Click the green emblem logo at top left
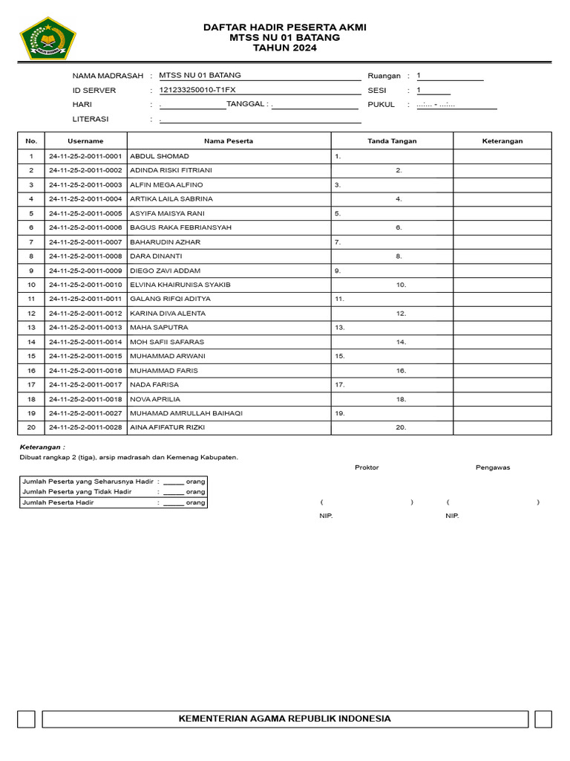(47, 39)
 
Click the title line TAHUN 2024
(285, 48)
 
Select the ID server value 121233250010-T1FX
(197, 90)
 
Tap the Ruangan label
(384, 76)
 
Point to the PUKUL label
(381, 105)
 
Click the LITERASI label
(91, 119)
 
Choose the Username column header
(85, 140)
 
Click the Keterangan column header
(502, 140)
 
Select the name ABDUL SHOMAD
(160, 156)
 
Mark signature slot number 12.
(401, 314)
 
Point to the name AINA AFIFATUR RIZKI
(167, 427)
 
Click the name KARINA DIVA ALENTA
(168, 314)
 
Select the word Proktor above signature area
(367, 467)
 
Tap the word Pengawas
(493, 467)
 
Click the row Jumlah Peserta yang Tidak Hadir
(114, 491)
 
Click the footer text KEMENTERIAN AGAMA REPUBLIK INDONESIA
(285, 719)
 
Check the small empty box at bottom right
(543, 719)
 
